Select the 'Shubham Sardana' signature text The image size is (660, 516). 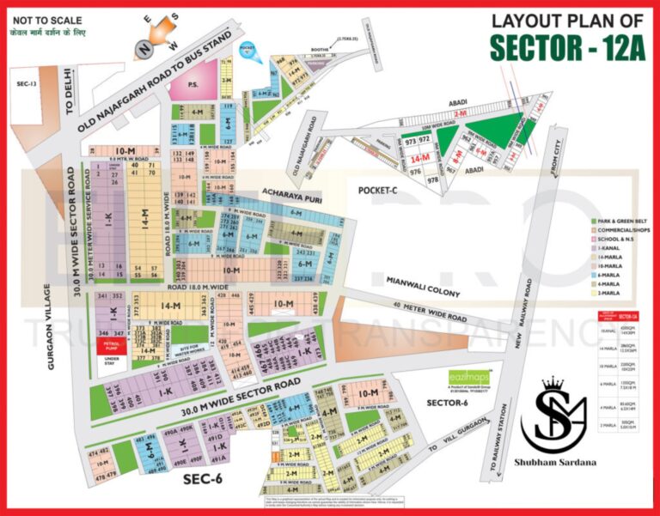tap(568, 462)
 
